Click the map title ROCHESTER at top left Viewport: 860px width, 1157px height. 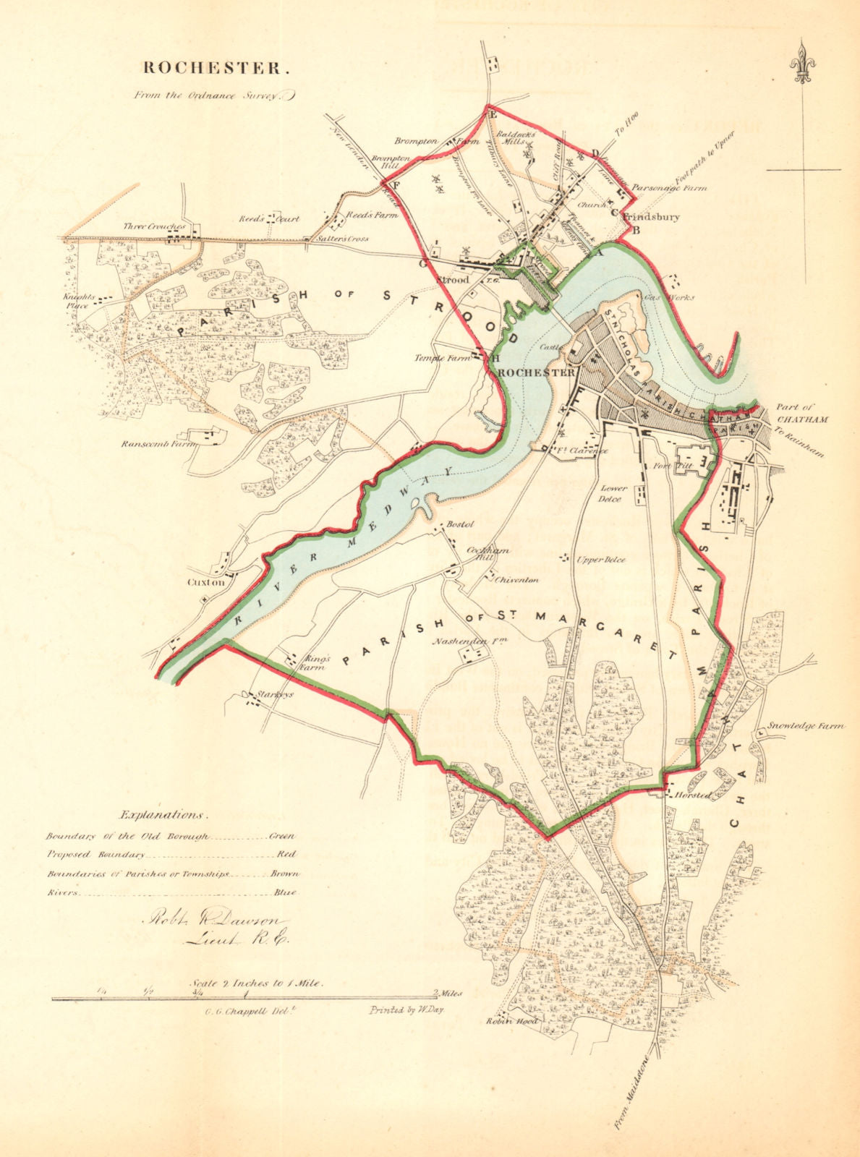pos(216,68)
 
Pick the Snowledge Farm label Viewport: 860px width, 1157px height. pos(804,725)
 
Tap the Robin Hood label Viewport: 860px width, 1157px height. pos(512,1020)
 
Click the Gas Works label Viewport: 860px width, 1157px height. pos(677,296)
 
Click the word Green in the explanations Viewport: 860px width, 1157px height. pos(282,836)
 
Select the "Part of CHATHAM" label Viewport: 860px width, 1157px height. pos(803,414)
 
